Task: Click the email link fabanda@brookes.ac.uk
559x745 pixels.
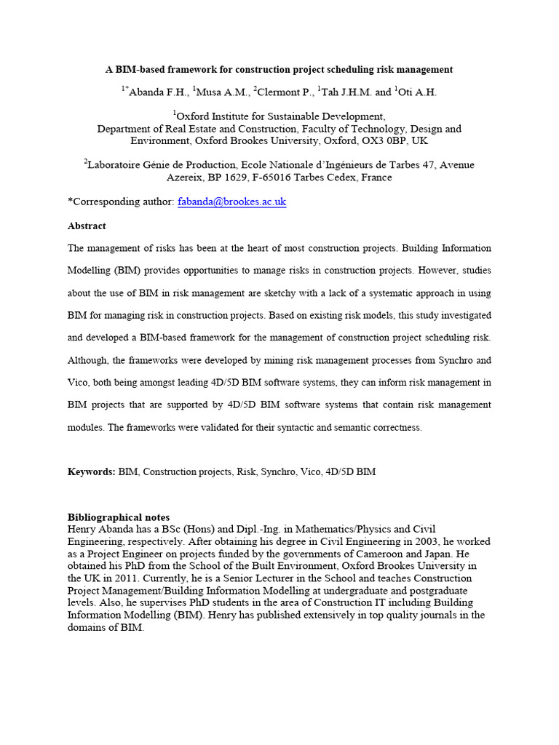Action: click(x=232, y=202)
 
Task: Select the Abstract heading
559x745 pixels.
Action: click(x=87, y=226)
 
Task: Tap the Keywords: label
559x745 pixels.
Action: click(x=91, y=471)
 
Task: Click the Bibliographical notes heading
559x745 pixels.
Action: click(x=119, y=517)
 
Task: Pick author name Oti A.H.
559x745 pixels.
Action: click(x=419, y=92)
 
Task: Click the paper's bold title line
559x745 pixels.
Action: click(x=279, y=69)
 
